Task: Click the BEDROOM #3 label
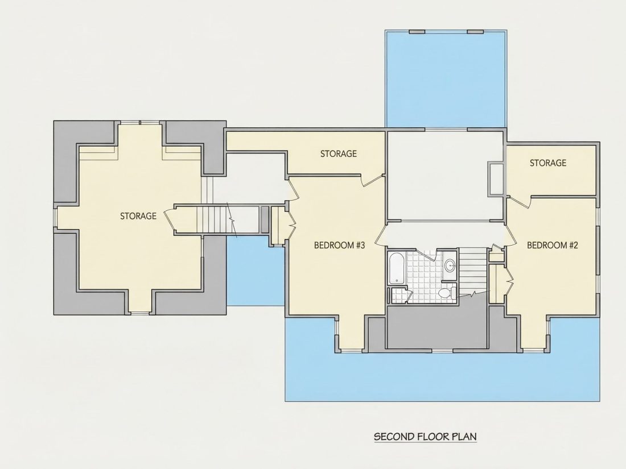click(x=339, y=245)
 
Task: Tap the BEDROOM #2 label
click(x=553, y=245)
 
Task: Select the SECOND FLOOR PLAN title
click(x=425, y=436)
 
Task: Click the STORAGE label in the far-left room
click(x=138, y=216)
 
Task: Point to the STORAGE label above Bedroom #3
click(x=339, y=153)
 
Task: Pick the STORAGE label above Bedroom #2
click(x=547, y=163)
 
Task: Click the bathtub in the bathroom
click(x=397, y=268)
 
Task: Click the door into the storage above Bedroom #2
click(x=520, y=201)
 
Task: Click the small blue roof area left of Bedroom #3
click(x=256, y=271)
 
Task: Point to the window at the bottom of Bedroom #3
click(x=351, y=351)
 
